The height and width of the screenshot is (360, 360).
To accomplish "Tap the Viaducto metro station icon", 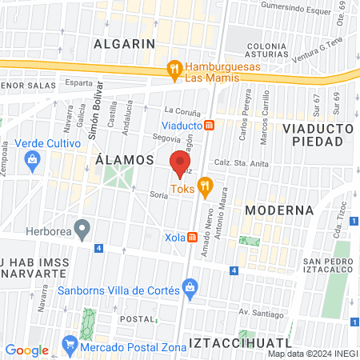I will click(x=209, y=125).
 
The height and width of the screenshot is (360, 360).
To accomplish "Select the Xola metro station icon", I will click(x=193, y=238).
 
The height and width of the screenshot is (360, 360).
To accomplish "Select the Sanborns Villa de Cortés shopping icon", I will click(x=190, y=286).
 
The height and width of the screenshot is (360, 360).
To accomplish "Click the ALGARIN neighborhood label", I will click(x=123, y=43).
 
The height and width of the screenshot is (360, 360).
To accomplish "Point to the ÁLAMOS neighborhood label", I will click(x=124, y=160).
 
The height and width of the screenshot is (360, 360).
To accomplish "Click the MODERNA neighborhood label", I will click(x=278, y=210).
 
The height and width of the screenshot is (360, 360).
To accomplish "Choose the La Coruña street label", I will click(x=180, y=109).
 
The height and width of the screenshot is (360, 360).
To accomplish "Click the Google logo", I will click(x=26, y=350).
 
